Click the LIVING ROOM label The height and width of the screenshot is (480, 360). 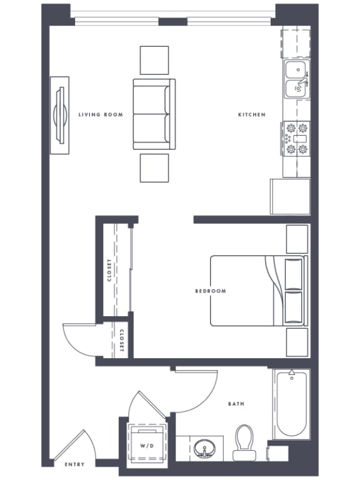point(101,115)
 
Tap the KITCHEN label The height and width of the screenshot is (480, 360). point(252,115)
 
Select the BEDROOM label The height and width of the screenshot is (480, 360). point(211,291)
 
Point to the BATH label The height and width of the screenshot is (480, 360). point(236,404)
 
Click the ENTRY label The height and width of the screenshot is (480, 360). point(75,465)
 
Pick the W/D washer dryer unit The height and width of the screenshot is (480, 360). point(147,445)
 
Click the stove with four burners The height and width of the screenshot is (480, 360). point(296,139)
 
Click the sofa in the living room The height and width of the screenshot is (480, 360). point(151,114)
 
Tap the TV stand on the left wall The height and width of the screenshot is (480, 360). point(61,115)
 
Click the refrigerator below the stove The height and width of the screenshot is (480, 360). point(290,196)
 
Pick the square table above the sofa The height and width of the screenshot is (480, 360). point(154,61)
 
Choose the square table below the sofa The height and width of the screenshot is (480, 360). point(154,167)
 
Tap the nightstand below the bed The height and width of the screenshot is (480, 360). point(297,342)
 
